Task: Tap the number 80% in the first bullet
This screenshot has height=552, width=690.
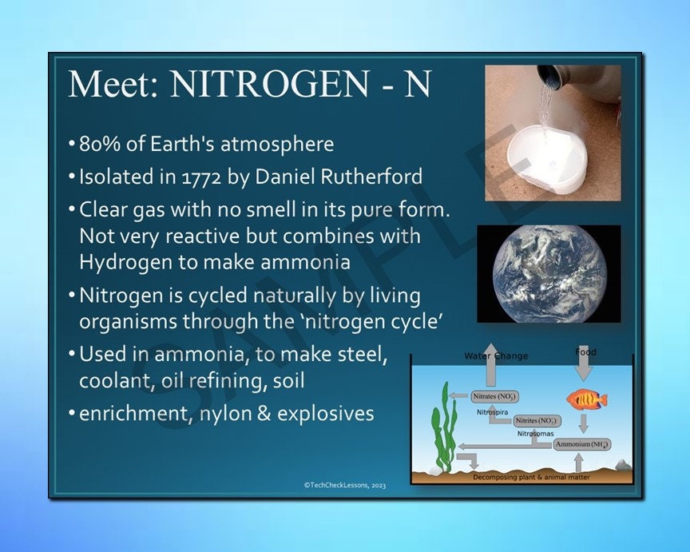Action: (97, 145)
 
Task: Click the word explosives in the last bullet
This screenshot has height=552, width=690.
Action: (327, 414)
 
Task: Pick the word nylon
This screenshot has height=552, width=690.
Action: (233, 414)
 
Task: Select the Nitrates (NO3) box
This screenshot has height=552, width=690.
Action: (494, 396)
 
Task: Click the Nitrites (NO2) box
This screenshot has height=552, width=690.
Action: (537, 420)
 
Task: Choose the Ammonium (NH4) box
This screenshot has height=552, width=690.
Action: (583, 443)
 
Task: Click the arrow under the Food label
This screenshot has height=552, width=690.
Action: (585, 368)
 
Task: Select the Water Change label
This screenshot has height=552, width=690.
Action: (496, 355)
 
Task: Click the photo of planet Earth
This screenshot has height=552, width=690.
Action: (548, 274)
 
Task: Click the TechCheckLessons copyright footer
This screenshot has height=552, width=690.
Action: (344, 484)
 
